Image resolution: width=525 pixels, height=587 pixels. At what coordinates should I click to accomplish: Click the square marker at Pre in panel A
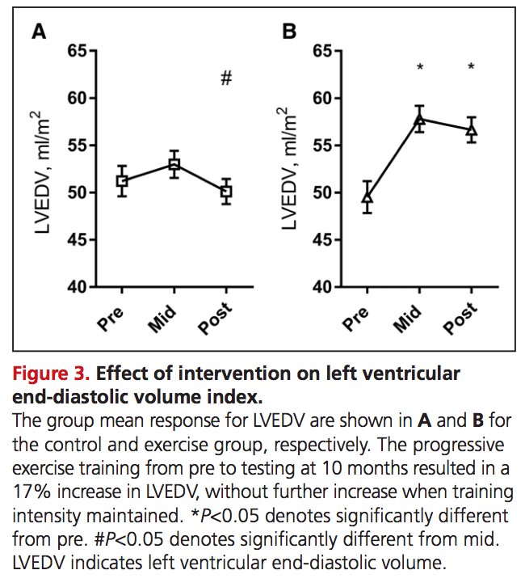(122, 181)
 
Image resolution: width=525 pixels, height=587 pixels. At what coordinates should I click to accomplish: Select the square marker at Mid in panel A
(174, 164)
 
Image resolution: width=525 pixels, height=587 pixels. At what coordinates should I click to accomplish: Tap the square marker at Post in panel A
(226, 191)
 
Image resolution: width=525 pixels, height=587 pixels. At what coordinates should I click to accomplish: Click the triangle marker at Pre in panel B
(367, 196)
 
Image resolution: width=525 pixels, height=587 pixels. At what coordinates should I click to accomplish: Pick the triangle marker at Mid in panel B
(420, 118)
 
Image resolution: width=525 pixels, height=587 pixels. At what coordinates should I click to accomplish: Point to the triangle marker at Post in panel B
(472, 129)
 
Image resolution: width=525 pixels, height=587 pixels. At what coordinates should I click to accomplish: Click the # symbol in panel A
(226, 78)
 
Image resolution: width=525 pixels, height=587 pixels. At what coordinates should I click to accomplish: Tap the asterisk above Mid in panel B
(420, 68)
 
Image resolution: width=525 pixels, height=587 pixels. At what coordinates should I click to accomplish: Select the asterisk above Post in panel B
(472, 68)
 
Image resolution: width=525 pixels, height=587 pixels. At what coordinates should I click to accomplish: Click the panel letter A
(38, 33)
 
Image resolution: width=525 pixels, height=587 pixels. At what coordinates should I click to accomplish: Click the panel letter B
(288, 33)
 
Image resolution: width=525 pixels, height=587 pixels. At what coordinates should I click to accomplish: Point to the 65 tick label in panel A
(76, 52)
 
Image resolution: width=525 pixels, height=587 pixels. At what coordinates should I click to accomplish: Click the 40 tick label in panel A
(76, 287)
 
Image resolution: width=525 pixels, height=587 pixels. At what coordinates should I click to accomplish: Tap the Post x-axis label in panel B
(460, 319)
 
